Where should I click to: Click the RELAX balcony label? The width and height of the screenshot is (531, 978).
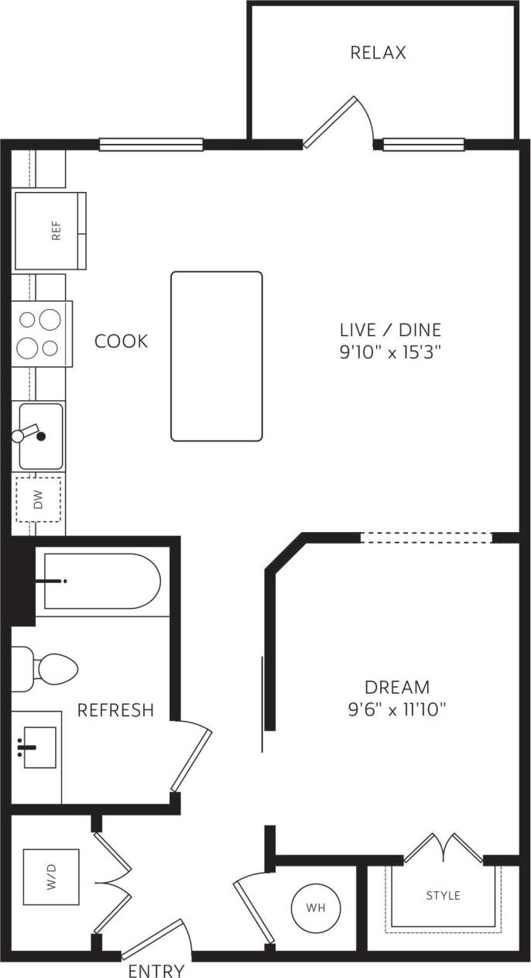tap(378, 53)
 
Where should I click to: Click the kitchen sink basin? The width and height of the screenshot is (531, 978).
tap(41, 436)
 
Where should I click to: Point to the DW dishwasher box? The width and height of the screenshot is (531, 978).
tap(39, 499)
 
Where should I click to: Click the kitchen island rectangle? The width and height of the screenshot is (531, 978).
tap(217, 356)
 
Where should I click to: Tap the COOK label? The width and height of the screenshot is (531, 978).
tap(121, 341)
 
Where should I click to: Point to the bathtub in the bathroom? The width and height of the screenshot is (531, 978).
tap(101, 581)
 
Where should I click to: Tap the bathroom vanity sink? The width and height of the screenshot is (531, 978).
tap(38, 747)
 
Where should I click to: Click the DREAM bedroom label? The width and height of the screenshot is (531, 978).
tap(397, 687)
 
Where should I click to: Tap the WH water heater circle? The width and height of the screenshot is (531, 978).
tap(313, 907)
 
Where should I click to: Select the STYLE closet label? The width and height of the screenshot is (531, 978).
tap(443, 895)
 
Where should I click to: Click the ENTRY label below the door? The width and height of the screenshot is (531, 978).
tap(156, 970)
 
